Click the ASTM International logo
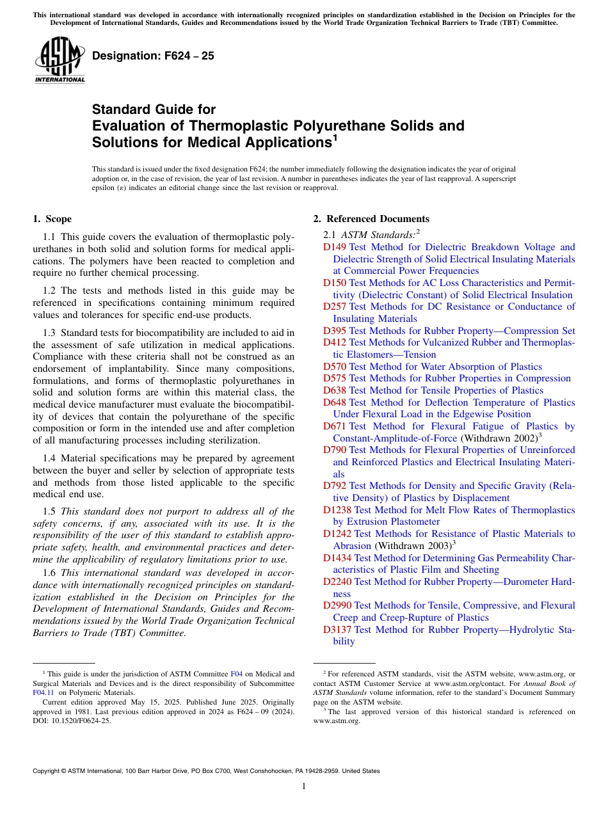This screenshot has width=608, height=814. click(x=60, y=61)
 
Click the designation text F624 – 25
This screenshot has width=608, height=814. click(x=153, y=56)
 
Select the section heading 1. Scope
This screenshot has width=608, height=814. click(x=52, y=219)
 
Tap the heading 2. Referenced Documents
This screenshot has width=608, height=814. click(x=371, y=219)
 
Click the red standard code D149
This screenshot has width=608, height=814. click(x=335, y=247)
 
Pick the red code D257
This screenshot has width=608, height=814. click(x=335, y=307)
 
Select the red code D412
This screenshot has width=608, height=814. click(x=335, y=342)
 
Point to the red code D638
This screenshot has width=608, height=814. click(x=335, y=390)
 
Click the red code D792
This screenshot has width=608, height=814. click(x=335, y=486)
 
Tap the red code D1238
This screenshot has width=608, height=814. click(x=337, y=510)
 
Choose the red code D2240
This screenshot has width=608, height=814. click(x=337, y=582)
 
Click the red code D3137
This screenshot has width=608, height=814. click(x=337, y=630)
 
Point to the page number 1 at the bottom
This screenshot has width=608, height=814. click(x=304, y=786)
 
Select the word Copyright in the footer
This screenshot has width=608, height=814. click(x=48, y=771)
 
